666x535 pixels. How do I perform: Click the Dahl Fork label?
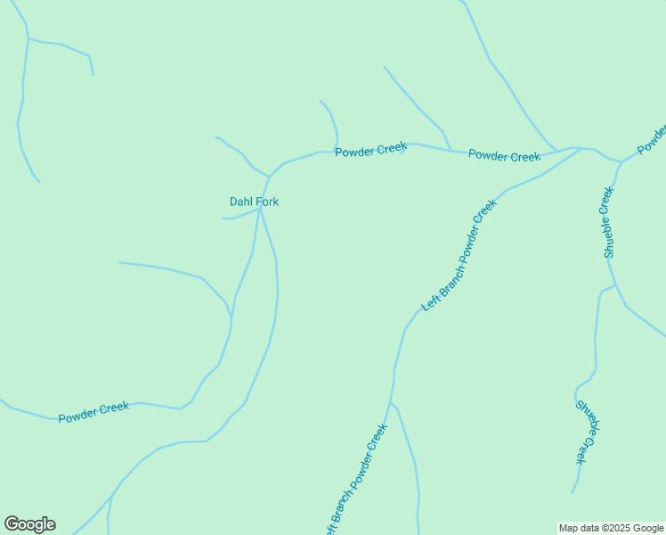254,202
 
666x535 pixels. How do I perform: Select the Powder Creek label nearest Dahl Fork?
370,150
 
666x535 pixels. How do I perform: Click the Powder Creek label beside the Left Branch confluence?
504,156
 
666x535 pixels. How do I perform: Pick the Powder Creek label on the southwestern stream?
93,412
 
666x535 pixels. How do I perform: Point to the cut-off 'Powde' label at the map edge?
652,138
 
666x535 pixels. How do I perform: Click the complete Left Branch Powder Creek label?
459,255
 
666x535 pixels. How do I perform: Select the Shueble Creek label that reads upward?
609,222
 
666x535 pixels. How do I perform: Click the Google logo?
29,524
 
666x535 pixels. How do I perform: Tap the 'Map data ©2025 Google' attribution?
612,528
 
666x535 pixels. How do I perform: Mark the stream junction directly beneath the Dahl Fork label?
259,210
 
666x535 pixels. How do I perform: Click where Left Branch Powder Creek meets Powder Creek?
581,148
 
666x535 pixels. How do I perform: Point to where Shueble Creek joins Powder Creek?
620,161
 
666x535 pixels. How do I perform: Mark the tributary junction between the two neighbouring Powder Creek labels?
450,151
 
